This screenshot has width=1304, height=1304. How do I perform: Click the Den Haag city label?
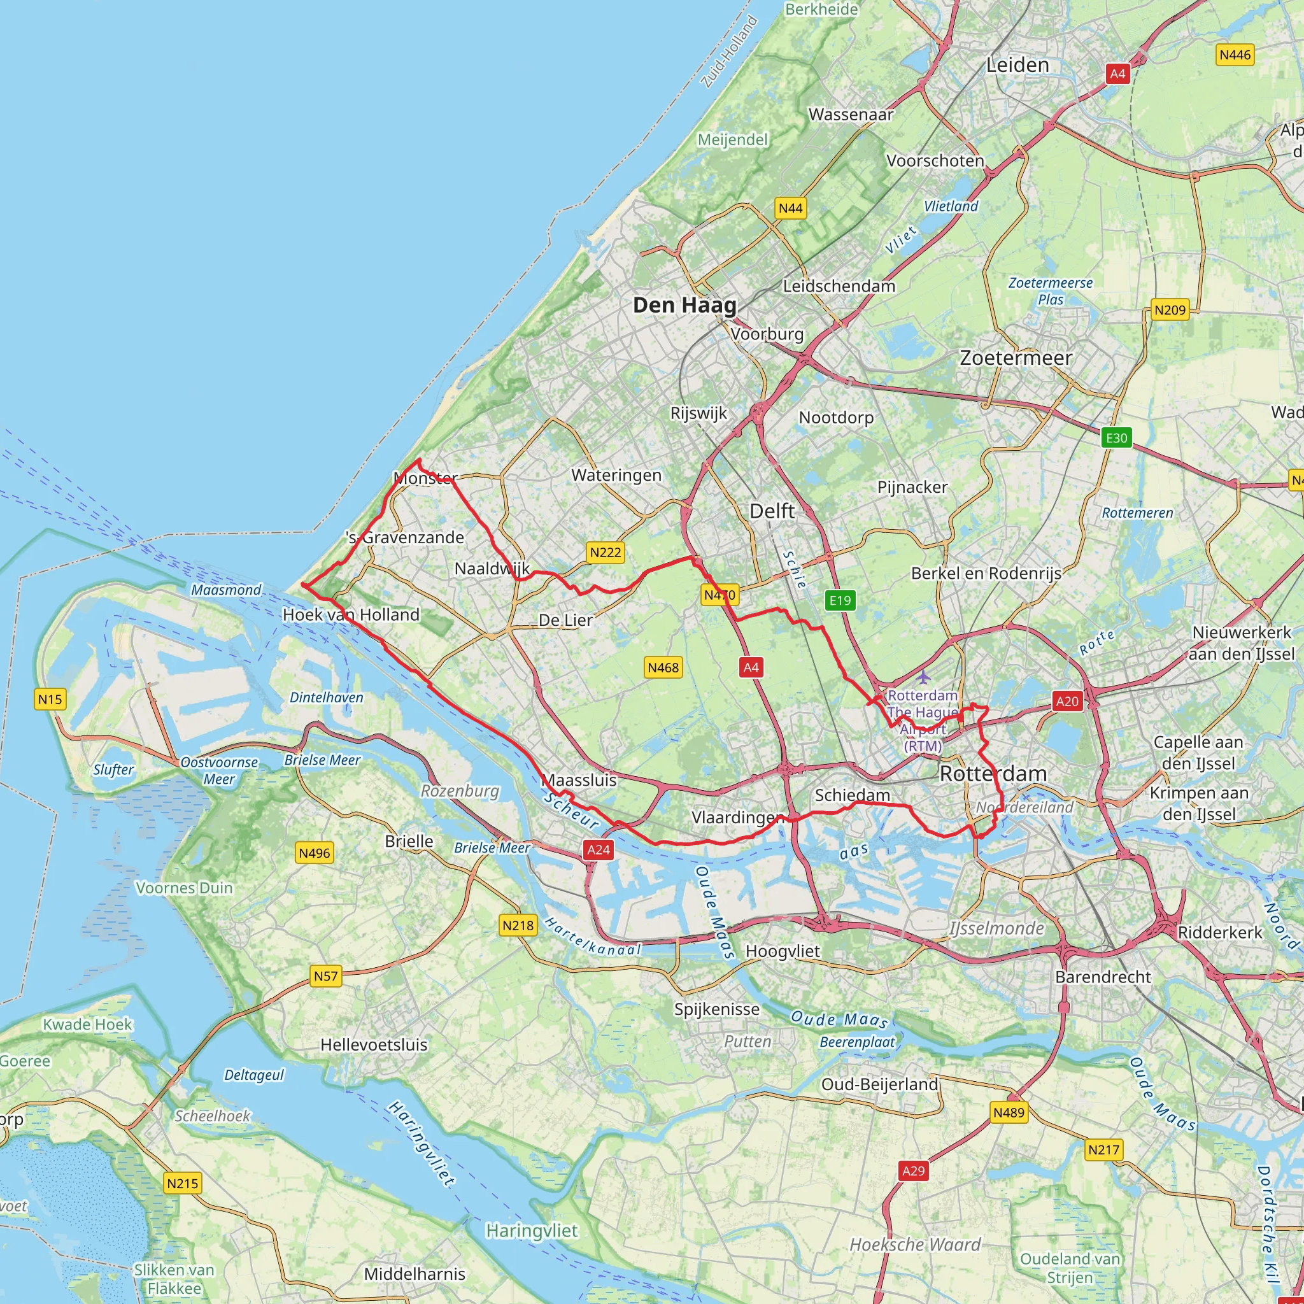coord(684,305)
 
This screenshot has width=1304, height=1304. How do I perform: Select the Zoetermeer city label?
coord(1016,358)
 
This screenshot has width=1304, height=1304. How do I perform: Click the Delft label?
coord(772,511)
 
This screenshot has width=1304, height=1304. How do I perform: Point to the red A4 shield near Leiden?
coord(1117,74)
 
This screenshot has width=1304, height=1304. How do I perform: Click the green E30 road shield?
coord(1116,437)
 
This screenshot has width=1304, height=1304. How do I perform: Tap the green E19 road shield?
coord(840,600)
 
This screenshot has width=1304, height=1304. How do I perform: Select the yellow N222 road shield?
coord(606,552)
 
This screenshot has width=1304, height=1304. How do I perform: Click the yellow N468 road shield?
coord(663,667)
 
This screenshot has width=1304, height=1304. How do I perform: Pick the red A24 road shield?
coord(599,850)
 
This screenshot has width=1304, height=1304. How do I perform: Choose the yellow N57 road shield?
coord(325,976)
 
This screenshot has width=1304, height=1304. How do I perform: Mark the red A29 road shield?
coord(913,1171)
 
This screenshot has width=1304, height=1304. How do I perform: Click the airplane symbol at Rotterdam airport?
coord(923,677)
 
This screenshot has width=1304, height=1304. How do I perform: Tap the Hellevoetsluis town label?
coord(374,1045)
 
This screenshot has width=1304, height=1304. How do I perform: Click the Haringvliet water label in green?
coord(532,1231)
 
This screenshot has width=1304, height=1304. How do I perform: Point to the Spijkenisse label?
coord(717,1009)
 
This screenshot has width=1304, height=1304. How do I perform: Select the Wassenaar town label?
coord(851,115)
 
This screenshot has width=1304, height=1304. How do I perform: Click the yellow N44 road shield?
coord(790,208)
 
